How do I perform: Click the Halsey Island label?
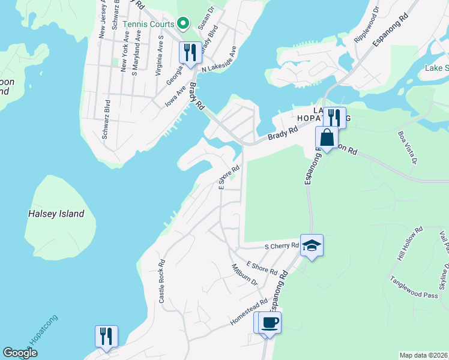click(56, 214)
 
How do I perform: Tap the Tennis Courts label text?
click(148, 24)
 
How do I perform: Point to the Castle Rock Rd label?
click(161, 281)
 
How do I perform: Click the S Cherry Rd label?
click(282, 246)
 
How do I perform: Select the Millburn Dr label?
click(244, 275)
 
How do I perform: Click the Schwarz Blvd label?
click(106, 119)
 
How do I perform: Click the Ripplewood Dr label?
click(367, 25)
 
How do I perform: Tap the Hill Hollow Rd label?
click(410, 243)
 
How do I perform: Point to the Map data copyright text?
click(423, 355)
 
